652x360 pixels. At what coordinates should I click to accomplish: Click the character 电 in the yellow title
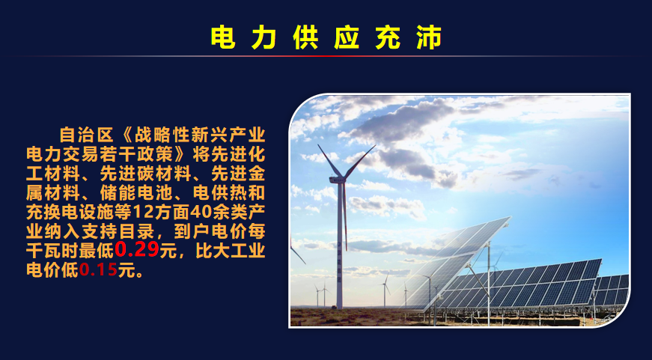[x=223, y=37]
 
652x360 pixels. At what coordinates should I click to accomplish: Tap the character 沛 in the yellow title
[x=429, y=37]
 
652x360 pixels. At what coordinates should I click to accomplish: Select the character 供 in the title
[x=305, y=37]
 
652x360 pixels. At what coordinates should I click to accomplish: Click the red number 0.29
[x=137, y=249]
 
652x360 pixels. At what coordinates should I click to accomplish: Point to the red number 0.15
[x=99, y=270]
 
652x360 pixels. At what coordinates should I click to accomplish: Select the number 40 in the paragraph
[x=198, y=212]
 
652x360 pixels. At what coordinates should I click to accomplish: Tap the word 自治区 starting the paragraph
[x=87, y=135]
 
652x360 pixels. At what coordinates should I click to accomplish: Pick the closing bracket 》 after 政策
[x=182, y=154]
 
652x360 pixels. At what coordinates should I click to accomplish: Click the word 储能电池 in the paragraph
[x=136, y=192]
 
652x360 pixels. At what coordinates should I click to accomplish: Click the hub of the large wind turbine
[x=340, y=180]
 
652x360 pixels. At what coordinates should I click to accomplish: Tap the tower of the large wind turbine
[x=340, y=245]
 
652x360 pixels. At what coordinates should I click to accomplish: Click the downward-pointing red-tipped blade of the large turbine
[x=344, y=216]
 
